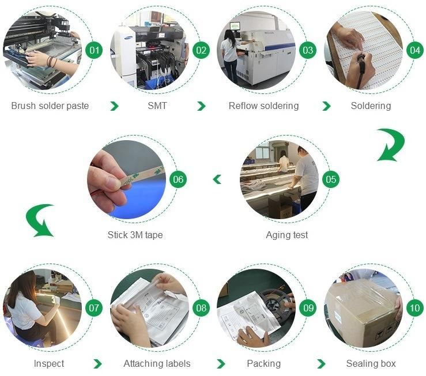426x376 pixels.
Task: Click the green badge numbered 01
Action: (x=94, y=50)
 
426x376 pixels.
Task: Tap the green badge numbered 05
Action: (x=331, y=179)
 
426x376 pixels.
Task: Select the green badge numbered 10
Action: (x=415, y=308)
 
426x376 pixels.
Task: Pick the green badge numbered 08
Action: (x=201, y=308)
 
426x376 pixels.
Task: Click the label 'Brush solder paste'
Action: (x=50, y=106)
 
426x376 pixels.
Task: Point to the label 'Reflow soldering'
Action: (x=263, y=106)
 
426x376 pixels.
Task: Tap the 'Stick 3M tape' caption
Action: (x=135, y=235)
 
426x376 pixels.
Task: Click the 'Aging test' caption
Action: (x=287, y=235)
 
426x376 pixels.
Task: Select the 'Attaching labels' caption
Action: (x=157, y=363)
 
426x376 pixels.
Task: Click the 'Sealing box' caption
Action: (x=371, y=363)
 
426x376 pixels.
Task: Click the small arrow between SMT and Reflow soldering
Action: (x=201, y=106)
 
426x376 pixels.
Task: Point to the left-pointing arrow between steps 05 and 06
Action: (x=217, y=179)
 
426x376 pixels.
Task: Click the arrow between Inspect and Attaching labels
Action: (x=97, y=363)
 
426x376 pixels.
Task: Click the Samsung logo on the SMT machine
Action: (x=129, y=38)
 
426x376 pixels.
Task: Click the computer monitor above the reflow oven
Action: (x=235, y=27)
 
